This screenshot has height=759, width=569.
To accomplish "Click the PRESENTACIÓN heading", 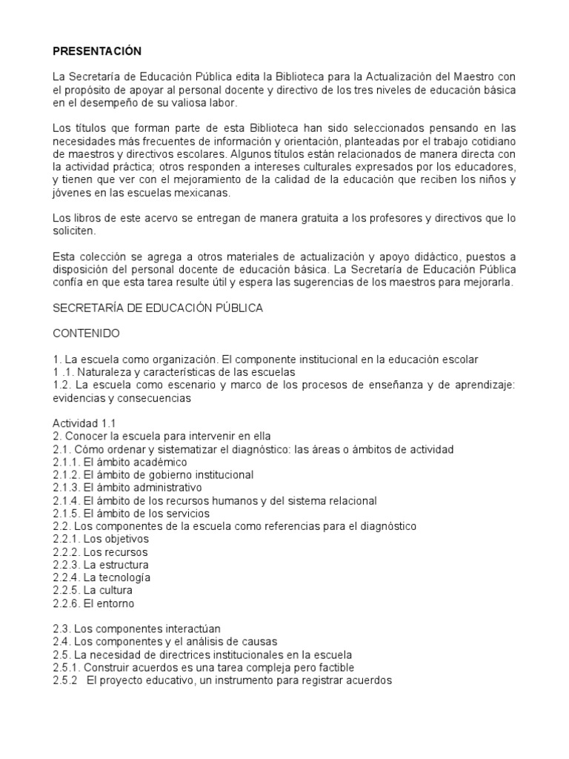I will tap(96, 51).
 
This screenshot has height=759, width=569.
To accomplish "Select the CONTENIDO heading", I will tap(86, 334).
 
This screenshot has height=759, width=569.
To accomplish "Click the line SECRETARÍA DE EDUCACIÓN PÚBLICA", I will tap(158, 308).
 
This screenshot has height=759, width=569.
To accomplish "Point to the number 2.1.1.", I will tap(66, 462).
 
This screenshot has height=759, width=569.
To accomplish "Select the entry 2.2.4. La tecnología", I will tap(102, 577).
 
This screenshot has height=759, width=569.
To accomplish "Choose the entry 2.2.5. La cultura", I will tap(93, 591).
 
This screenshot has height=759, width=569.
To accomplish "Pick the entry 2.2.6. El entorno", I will tap(93, 603).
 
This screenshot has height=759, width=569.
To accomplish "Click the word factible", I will tap(323, 668).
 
